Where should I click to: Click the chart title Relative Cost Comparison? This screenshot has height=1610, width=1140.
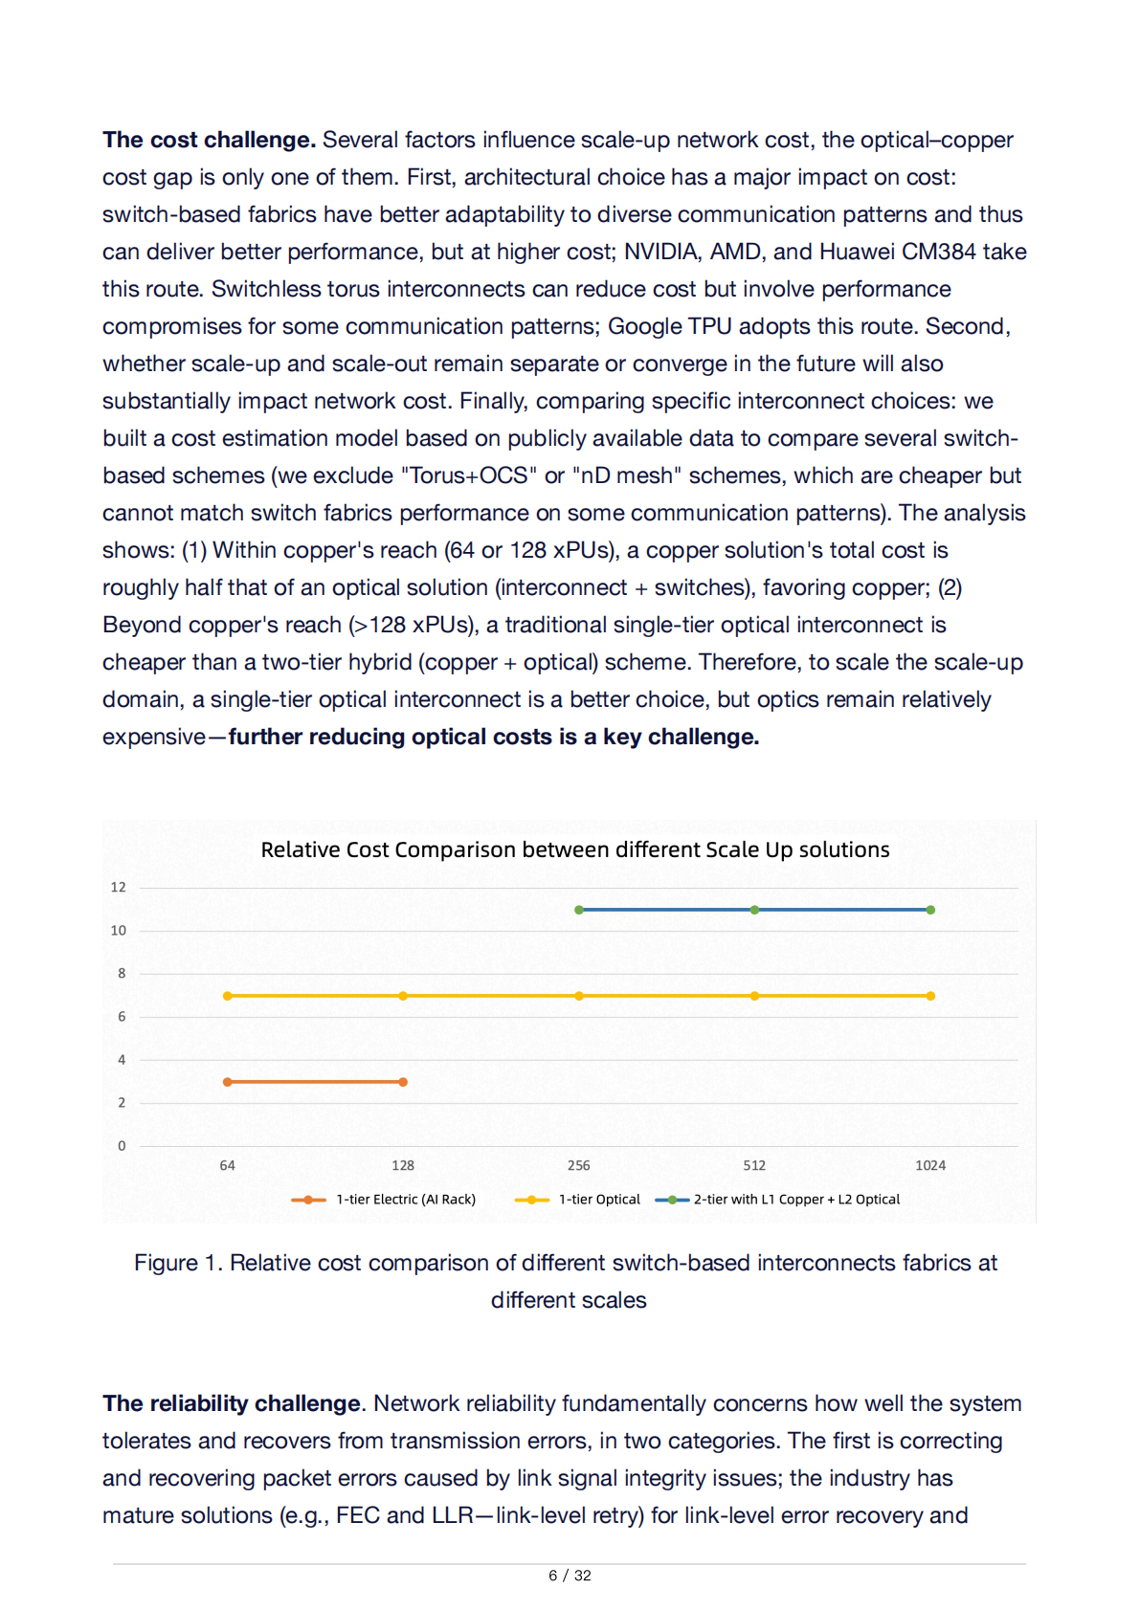click(574, 849)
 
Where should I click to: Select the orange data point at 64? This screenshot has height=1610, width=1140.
click(227, 1082)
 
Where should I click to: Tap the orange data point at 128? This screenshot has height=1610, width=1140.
click(403, 1082)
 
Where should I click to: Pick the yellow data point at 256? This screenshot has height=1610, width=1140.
click(579, 996)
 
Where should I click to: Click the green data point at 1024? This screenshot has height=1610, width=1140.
click(930, 910)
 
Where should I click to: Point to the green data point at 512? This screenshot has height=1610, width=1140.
click(754, 910)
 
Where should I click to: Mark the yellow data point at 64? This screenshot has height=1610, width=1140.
click(227, 996)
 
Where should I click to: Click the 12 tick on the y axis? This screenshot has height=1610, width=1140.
click(118, 888)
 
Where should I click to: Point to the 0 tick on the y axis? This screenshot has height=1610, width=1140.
click(122, 1146)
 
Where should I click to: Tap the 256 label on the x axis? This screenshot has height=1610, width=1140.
click(578, 1165)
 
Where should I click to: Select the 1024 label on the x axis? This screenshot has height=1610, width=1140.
click(929, 1165)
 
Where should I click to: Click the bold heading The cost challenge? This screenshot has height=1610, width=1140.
click(209, 140)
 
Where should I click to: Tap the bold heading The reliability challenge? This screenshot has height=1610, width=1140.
click(233, 1403)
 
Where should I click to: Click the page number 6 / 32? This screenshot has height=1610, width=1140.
click(570, 1576)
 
